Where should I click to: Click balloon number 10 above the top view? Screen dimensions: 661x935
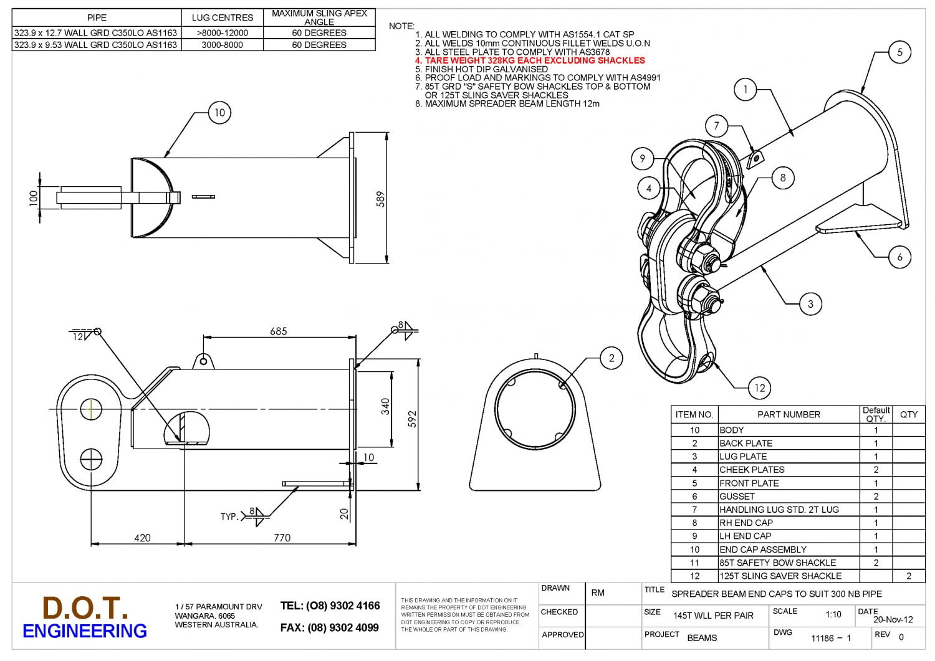click(x=219, y=113)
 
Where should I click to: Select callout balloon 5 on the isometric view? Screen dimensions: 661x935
click(x=899, y=52)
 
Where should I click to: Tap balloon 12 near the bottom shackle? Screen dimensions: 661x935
click(x=759, y=388)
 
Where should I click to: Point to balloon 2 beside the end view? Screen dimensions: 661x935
click(x=611, y=358)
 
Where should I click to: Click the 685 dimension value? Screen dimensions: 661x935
click(x=278, y=331)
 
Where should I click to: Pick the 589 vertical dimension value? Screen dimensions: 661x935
click(x=380, y=199)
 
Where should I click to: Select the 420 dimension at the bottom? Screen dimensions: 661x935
click(x=142, y=538)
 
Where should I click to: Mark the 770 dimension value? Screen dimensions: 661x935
click(x=282, y=538)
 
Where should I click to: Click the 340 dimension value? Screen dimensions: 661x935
click(x=385, y=407)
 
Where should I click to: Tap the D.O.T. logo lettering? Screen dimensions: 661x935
click(x=85, y=607)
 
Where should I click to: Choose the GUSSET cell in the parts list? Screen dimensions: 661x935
click(x=737, y=497)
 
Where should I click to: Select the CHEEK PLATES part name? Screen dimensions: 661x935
click(x=752, y=470)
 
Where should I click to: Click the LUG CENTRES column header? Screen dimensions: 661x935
click(x=222, y=17)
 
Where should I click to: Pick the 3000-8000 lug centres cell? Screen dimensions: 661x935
click(x=222, y=45)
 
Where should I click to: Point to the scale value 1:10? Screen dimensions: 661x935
click(x=833, y=614)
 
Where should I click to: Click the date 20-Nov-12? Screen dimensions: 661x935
click(x=893, y=619)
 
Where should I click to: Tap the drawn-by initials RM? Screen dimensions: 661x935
click(x=597, y=592)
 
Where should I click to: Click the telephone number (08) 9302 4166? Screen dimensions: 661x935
click(x=330, y=606)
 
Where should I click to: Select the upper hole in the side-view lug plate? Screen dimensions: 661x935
click(x=91, y=409)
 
